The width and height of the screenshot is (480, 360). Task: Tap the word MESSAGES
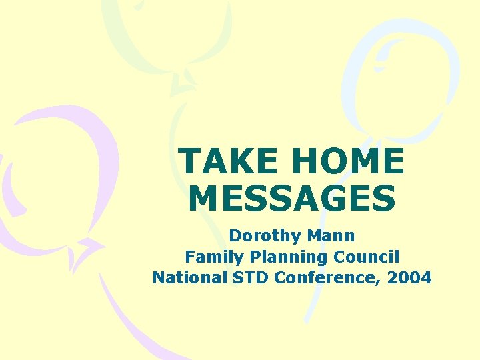tap(292, 199)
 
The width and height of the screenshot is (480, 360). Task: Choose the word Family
tap(209, 257)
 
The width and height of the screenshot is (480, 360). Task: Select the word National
tap(183, 277)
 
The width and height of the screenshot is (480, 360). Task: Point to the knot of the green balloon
tap(181, 83)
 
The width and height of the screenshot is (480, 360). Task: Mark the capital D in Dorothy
tap(234, 235)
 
